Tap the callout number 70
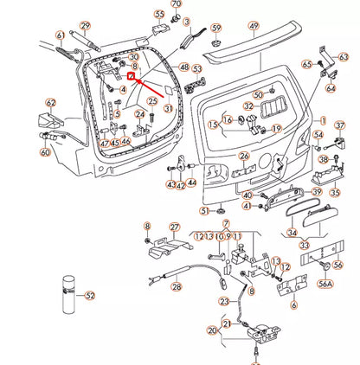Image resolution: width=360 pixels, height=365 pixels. (x=176, y=5)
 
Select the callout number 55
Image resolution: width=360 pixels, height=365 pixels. (x=158, y=15)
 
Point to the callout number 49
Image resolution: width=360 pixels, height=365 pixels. (x=254, y=27)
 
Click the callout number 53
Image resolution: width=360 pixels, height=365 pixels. (x=196, y=69)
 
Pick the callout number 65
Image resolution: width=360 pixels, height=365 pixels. (x=307, y=64)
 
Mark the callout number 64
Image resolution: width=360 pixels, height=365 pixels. (x=331, y=87)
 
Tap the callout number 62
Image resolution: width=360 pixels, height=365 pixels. (x=50, y=102)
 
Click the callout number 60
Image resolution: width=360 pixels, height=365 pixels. (x=45, y=152)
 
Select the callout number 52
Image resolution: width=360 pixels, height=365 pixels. (x=90, y=296)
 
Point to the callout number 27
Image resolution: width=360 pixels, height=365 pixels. (x=174, y=227)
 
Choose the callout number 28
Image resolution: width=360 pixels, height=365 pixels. (x=176, y=287)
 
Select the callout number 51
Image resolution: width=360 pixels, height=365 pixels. (x=204, y=210)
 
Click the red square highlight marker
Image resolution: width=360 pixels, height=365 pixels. (x=131, y=76)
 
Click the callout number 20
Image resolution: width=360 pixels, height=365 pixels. (x=212, y=330)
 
